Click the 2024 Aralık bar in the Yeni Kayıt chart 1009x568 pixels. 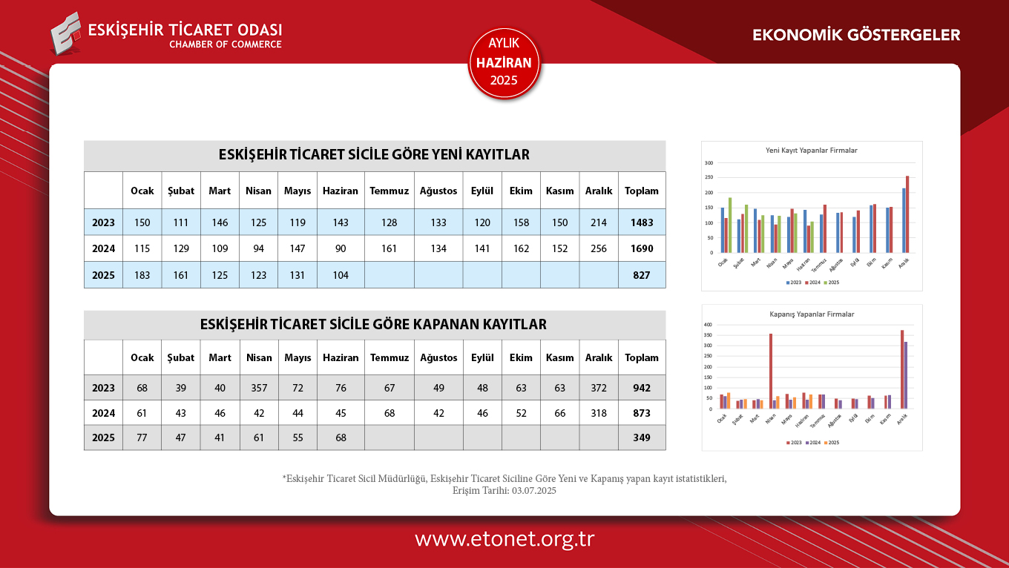point(907,214)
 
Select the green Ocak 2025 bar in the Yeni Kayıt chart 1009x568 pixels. point(730,225)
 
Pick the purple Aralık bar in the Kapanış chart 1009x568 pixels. point(906,375)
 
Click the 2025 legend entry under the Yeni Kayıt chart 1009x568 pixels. point(832,283)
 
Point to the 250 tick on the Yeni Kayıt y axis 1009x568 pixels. point(709,178)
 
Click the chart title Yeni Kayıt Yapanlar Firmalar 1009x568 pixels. point(811,151)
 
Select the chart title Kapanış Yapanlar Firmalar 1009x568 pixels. point(812,314)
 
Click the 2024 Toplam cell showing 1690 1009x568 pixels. point(642,248)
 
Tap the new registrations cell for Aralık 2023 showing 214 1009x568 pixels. point(599,222)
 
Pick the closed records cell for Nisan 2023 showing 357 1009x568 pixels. point(259,388)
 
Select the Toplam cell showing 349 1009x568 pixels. point(642,437)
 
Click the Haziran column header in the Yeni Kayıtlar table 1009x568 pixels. point(341,191)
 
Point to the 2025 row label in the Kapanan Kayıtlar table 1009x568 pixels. point(103,437)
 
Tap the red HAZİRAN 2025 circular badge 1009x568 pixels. point(504,63)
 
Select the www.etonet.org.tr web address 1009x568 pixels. point(504,539)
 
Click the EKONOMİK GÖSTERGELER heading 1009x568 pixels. point(856,35)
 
